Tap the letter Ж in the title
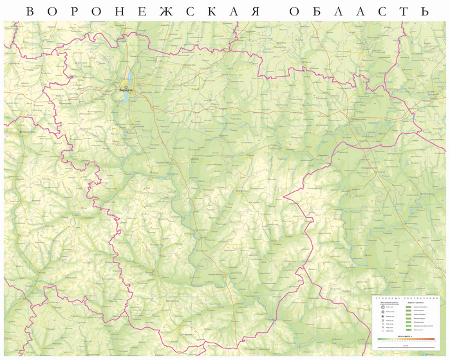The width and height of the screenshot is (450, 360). [166, 12]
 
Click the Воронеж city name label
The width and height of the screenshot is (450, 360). [126, 91]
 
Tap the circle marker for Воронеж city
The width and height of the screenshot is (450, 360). [126, 86]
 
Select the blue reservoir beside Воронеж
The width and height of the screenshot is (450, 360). [131, 79]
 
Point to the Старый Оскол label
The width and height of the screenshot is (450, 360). [27, 132]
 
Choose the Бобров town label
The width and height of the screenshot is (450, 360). [195, 157]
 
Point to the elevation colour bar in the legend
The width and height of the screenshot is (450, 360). [405, 339]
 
